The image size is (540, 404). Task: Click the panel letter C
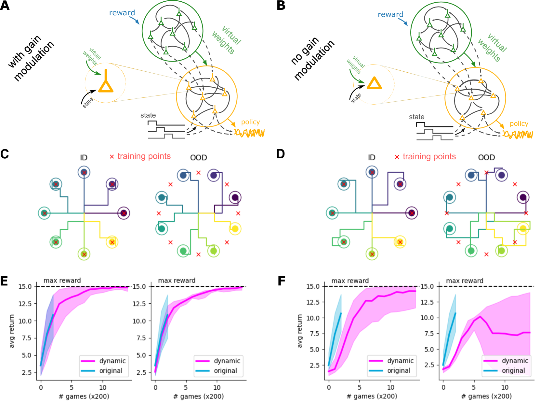coord(5,154)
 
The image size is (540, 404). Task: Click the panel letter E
coord(4,281)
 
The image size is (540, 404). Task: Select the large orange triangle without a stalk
coord(374,83)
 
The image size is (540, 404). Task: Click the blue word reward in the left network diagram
coord(122,13)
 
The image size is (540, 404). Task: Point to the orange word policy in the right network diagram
coord(519,124)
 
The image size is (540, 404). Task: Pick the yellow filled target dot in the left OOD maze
coord(235,229)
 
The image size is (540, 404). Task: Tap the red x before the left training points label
coord(112,157)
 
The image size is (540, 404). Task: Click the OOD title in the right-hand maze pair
coord(486,157)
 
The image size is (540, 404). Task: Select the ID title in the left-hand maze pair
coord(84,158)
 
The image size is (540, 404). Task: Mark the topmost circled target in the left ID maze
coord(84,172)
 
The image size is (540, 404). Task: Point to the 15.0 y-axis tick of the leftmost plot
coord(25,287)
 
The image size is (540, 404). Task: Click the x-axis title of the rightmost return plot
coord(486,396)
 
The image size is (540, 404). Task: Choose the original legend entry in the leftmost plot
coord(111,371)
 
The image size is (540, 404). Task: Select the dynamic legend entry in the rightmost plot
coord(515,361)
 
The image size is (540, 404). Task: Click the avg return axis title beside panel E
coord(12,331)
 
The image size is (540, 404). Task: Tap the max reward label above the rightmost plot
coord(465,281)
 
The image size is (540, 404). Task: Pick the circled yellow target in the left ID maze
coord(112,242)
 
